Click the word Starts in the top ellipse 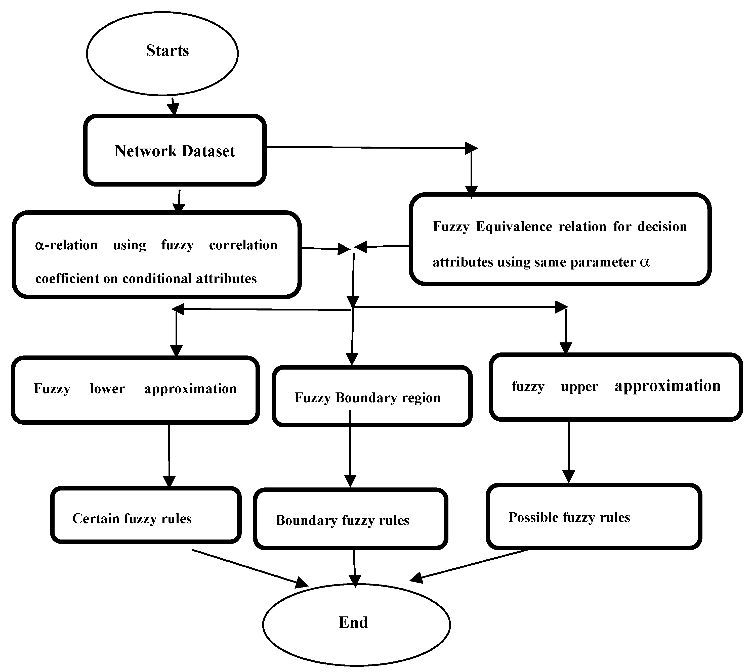coord(167,51)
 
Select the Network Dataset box coord(175,150)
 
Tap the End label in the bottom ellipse coord(353,622)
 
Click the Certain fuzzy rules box coord(146,515)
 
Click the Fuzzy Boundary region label coord(367,398)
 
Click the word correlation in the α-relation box coord(243,245)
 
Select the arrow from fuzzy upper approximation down coord(568,452)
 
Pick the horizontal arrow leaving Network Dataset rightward coord(369,148)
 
